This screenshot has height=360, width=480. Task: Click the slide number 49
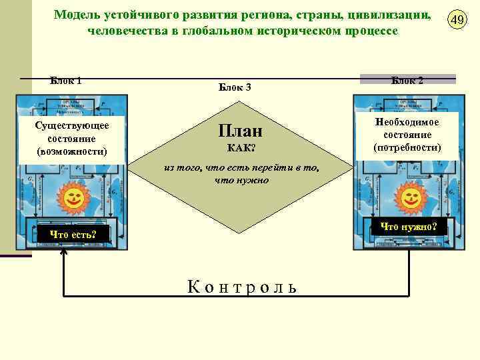pos(457,20)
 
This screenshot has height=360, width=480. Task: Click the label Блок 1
pos(66,81)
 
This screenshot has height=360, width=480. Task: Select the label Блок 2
pos(407,80)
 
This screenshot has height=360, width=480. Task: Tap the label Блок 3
pos(235,87)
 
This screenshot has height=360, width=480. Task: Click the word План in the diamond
pos(240,129)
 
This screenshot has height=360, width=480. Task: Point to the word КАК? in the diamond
pos(241,147)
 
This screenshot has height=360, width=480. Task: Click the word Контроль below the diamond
pos(242,287)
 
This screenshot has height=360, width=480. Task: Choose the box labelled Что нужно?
pos(409,227)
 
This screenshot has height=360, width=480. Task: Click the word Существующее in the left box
pos(73,125)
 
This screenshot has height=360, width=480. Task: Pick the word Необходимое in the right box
pos(407,123)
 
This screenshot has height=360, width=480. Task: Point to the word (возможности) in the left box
pos(73,151)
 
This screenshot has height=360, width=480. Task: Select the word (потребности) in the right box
pos(407,147)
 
